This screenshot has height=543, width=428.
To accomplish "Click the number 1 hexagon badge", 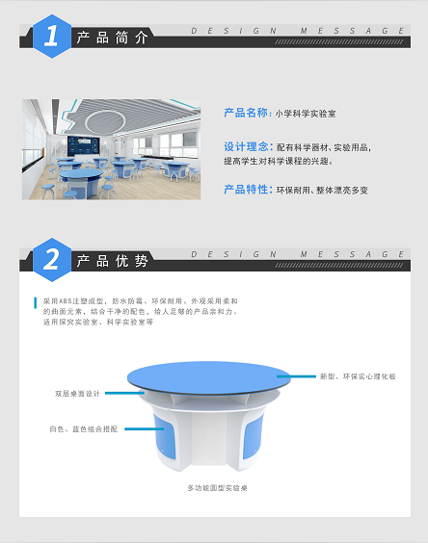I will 50,36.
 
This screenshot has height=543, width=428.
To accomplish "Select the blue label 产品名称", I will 246,113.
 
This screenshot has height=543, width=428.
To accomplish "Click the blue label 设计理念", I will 246,147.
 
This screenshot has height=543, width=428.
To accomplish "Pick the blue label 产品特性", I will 246,190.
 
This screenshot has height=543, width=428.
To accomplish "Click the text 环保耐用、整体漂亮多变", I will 321,191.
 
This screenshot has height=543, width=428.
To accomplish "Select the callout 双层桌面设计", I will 77,394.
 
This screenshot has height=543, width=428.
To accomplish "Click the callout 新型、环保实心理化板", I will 358,376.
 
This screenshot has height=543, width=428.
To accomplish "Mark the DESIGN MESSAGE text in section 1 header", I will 299,30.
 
